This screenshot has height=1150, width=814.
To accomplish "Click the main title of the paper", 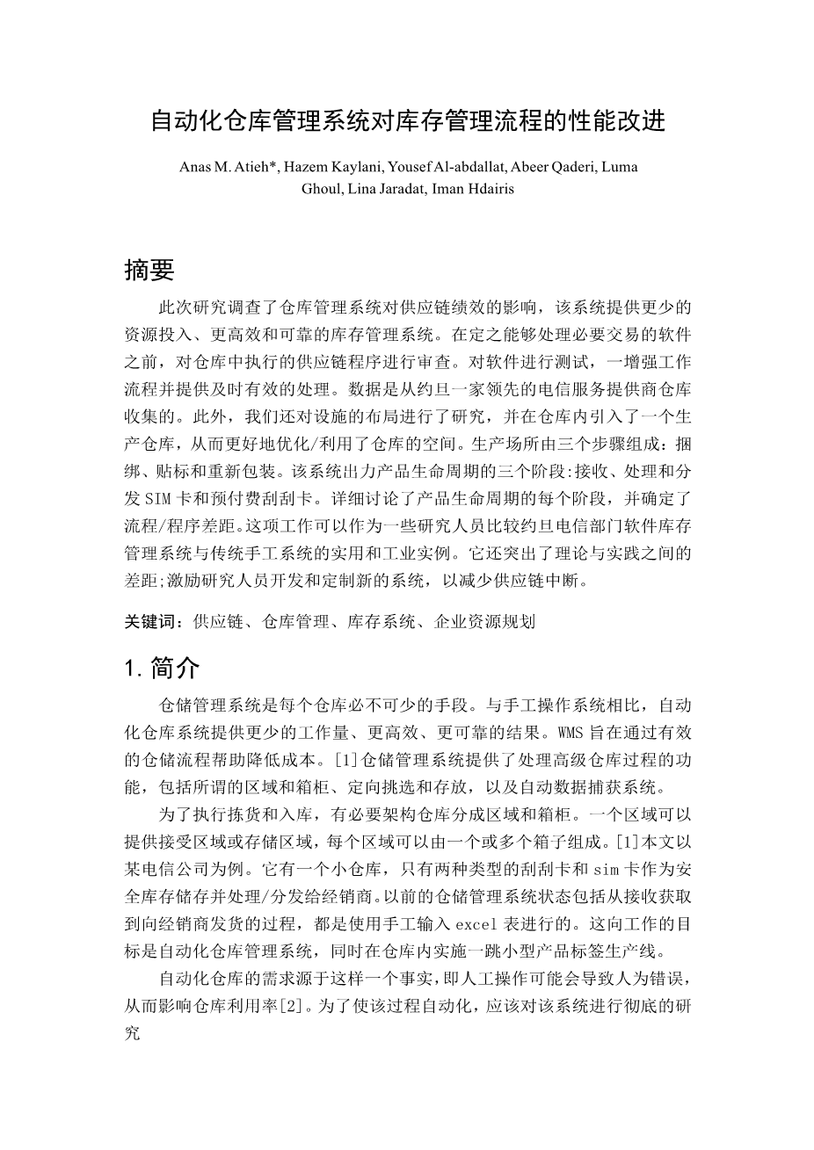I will [x=408, y=121].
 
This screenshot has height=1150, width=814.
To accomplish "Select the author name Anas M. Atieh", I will [x=228, y=167].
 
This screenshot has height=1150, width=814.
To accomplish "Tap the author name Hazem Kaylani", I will [x=330, y=167].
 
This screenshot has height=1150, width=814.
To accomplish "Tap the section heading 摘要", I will [x=149, y=271].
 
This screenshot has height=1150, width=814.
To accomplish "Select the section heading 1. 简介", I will [x=163, y=669].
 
